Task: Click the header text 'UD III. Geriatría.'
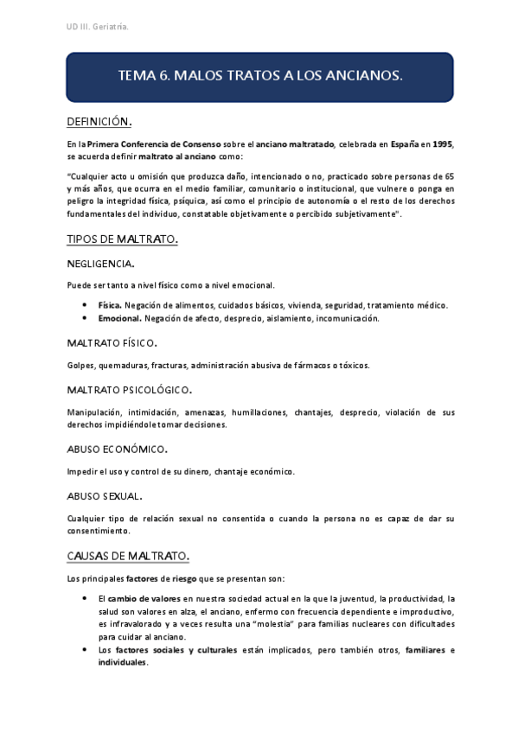point(98,28)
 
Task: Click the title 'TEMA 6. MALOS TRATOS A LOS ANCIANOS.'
point(259,76)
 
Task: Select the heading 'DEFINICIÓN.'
point(99,122)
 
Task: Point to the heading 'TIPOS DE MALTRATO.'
point(122,239)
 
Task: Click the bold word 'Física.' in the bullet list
point(110,305)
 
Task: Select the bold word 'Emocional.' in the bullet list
point(119,318)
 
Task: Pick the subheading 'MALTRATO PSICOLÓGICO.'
point(130,390)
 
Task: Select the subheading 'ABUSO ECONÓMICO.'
point(117,449)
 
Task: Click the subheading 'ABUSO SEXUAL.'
point(105,496)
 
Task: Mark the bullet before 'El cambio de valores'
point(84,598)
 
